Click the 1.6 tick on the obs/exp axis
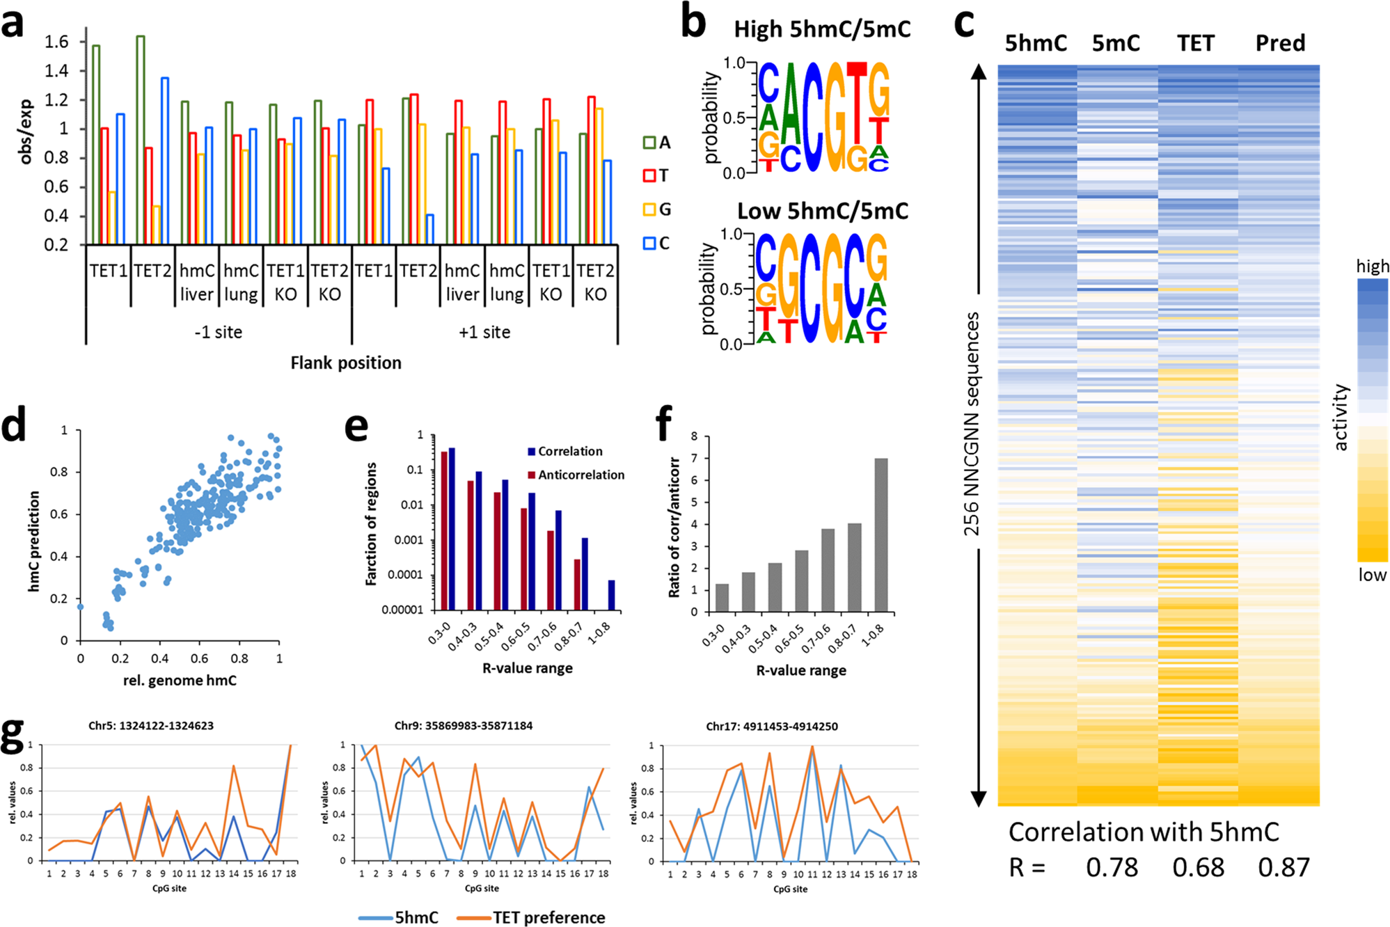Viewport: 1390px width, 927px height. (x=56, y=42)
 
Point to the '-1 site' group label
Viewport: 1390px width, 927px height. (x=219, y=332)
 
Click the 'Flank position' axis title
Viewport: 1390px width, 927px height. (x=346, y=363)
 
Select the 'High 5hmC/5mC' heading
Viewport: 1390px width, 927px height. (x=822, y=29)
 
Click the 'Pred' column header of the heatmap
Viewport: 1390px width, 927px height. (x=1280, y=43)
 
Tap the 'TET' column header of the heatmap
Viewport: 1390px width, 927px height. (x=1195, y=43)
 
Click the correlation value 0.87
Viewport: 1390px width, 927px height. (x=1284, y=867)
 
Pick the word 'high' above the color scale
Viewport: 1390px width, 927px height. (x=1372, y=266)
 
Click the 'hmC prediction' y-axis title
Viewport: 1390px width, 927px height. (x=33, y=541)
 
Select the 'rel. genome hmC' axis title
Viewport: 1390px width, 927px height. (x=180, y=680)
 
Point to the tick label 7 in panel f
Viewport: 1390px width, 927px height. (x=694, y=459)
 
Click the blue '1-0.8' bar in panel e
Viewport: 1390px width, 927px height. (x=611, y=596)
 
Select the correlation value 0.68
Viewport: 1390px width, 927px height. (x=1198, y=867)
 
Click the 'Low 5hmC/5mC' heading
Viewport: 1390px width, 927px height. (x=822, y=211)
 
